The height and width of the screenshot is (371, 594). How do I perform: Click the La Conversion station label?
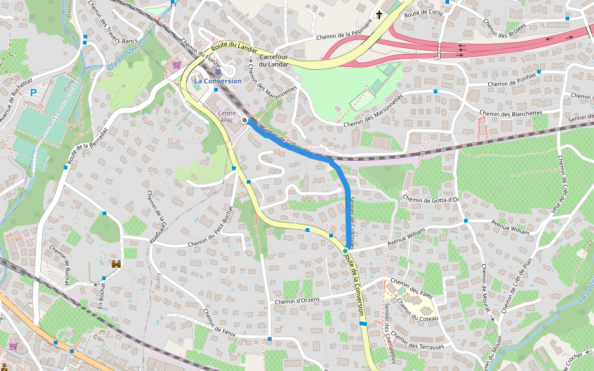(218, 81)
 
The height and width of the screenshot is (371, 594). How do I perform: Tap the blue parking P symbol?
(34, 92)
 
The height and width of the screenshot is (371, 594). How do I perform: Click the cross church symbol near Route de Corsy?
(379, 14)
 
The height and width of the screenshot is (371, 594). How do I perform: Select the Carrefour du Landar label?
(273, 60)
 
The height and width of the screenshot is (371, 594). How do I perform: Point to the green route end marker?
(345, 250)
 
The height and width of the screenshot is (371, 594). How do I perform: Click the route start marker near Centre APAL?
(246, 120)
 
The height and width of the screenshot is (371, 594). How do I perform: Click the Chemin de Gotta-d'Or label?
(431, 198)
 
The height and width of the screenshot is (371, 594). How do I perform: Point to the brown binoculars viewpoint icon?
(116, 264)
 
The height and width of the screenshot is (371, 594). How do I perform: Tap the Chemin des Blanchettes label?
(510, 114)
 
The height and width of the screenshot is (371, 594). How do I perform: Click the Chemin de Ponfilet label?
(511, 83)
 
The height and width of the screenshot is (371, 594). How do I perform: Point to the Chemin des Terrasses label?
(418, 342)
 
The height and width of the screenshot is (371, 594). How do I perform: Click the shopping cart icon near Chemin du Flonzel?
(176, 64)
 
